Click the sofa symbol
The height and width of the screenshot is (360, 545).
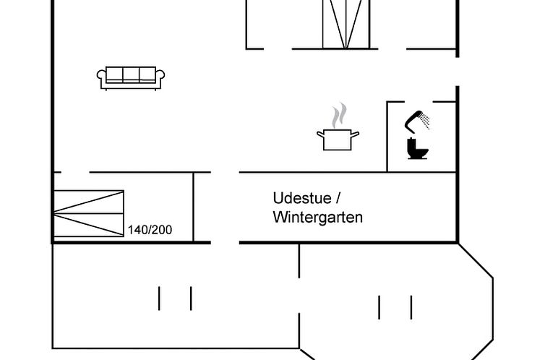[131, 78]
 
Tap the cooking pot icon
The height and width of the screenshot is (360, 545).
[338, 139]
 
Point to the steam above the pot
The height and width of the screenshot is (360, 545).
[339, 116]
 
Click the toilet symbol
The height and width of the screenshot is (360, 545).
[418, 148]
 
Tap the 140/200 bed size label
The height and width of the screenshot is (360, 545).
[150, 230]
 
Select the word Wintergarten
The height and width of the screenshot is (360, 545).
[318, 218]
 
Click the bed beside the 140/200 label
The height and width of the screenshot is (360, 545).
[89, 214]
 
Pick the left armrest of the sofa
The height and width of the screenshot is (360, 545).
[101, 79]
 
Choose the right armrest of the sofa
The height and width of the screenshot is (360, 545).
[160, 79]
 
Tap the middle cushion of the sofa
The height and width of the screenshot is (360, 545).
[131, 74]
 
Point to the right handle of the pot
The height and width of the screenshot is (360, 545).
[355, 134]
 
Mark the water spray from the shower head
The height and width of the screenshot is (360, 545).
[424, 121]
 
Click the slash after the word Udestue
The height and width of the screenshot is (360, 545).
[338, 198]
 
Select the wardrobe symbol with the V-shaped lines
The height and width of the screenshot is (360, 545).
[346, 25]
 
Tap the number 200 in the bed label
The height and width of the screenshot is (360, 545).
[161, 230]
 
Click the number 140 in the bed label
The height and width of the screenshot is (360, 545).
[137, 230]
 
